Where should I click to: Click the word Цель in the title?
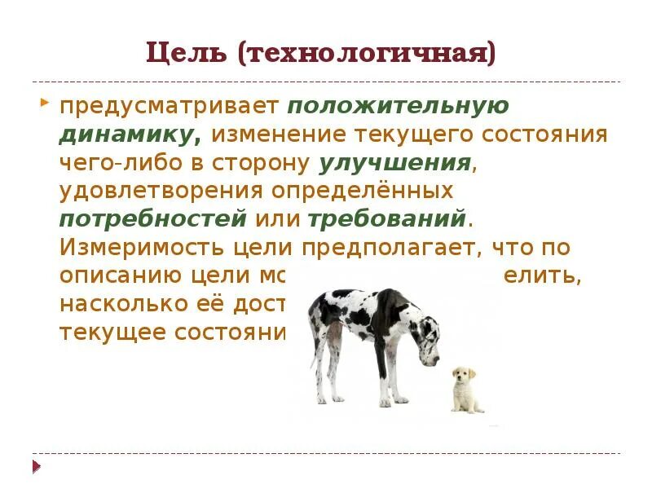(x=187, y=54)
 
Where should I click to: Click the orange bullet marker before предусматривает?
(x=43, y=104)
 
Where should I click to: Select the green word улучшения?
(x=395, y=163)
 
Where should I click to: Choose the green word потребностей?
(x=153, y=219)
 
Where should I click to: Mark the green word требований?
(x=387, y=219)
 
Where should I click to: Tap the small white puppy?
(x=465, y=390)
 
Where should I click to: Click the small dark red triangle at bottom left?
(x=36, y=466)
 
